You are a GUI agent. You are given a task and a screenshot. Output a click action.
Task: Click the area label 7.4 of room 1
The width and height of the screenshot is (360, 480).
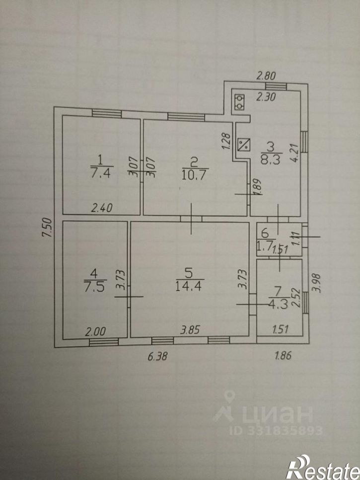point(102,173)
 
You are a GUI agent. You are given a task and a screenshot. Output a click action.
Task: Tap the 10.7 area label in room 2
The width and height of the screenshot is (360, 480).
point(195,175)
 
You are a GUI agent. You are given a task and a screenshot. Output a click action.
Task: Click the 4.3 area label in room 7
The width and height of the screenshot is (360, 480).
point(279,305)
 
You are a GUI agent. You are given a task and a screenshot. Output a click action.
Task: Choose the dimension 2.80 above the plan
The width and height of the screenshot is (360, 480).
point(266,76)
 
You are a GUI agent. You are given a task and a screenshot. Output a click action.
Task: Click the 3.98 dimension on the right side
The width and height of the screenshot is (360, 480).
point(317,283)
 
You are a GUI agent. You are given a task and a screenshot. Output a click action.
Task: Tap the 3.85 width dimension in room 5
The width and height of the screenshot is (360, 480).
point(190,330)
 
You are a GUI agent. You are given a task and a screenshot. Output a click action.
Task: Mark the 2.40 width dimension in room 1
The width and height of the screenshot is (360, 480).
point(102,208)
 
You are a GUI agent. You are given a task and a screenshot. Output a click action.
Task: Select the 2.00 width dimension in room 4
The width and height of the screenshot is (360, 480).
point(95,331)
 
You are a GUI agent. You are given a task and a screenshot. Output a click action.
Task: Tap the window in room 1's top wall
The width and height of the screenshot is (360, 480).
point(107,113)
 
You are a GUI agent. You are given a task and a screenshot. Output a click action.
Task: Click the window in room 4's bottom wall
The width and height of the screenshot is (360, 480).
point(104,342)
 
